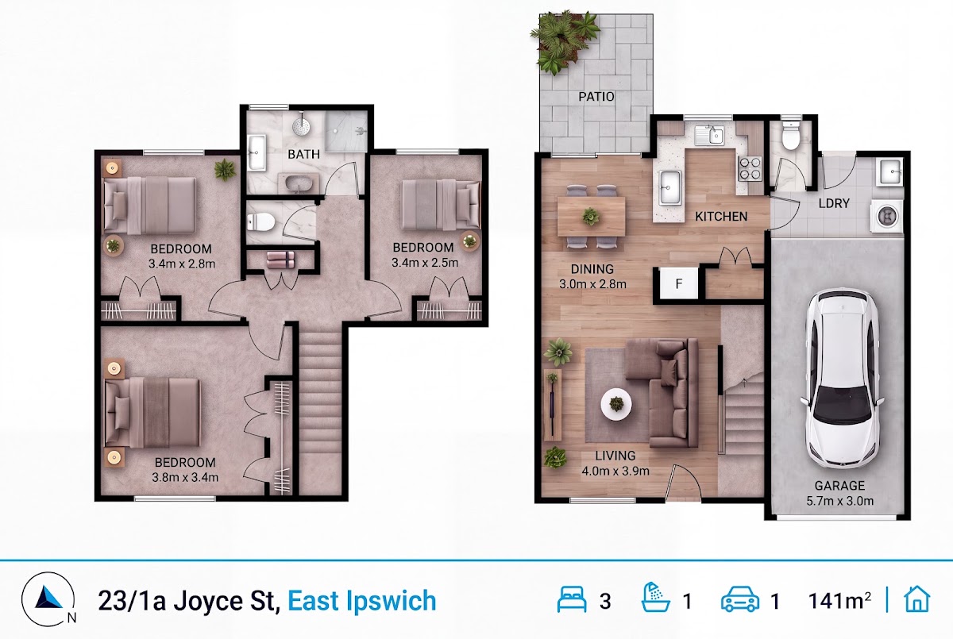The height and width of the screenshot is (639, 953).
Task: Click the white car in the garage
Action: pyautogui.click(x=842, y=379)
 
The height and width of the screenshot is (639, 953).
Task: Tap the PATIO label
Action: pyautogui.click(x=596, y=97)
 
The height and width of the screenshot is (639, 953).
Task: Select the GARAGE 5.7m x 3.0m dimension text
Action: pyautogui.click(x=840, y=493)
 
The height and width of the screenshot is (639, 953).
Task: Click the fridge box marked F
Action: pyautogui.click(x=678, y=283)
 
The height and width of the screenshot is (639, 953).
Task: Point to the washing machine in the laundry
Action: pyautogui.click(x=887, y=216)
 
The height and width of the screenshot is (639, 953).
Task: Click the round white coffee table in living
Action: pyautogui.click(x=616, y=404)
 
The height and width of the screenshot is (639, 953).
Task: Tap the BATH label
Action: pyautogui.click(x=303, y=154)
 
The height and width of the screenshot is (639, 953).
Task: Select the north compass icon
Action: pyautogui.click(x=48, y=599)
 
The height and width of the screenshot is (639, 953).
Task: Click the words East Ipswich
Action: pyautogui.click(x=362, y=601)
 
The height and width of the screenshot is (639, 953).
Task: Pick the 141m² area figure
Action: pyautogui.click(x=839, y=601)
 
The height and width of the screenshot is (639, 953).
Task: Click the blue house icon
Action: pyautogui.click(x=916, y=599)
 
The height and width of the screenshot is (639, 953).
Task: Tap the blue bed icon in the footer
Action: pyautogui.click(x=571, y=599)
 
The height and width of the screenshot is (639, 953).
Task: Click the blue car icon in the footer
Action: pyautogui.click(x=740, y=599)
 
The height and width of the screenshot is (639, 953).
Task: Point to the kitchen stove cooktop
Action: pyautogui.click(x=750, y=169)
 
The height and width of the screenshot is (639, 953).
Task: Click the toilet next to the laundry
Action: pyautogui.click(x=791, y=136)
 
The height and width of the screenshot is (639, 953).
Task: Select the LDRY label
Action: pyautogui.click(x=834, y=203)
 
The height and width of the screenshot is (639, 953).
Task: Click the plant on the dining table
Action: pyautogui.click(x=591, y=217)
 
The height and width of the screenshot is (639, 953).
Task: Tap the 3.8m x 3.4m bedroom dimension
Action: pyautogui.click(x=185, y=477)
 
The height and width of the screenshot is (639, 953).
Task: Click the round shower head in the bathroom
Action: pyautogui.click(x=301, y=125)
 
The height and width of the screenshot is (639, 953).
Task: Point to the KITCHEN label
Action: pyautogui.click(x=721, y=217)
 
